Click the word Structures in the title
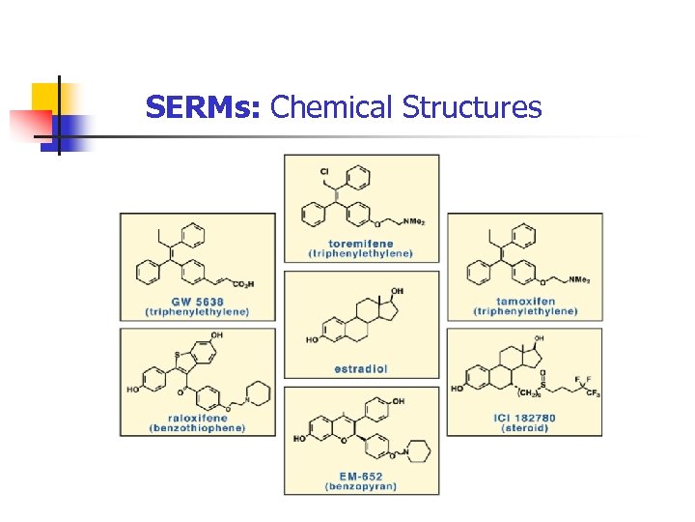click(x=472, y=107)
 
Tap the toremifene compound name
click(x=360, y=244)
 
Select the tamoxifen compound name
click(x=524, y=302)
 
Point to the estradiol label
click(x=360, y=368)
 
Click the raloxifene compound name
click(x=196, y=418)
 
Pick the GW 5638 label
click(x=197, y=302)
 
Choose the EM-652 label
click(x=360, y=477)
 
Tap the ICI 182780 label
click(x=524, y=418)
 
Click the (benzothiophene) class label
click(x=196, y=427)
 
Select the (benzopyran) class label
click(x=360, y=486)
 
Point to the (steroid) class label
click(x=524, y=427)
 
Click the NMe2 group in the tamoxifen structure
click(x=579, y=280)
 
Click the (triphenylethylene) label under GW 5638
click(x=197, y=311)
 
